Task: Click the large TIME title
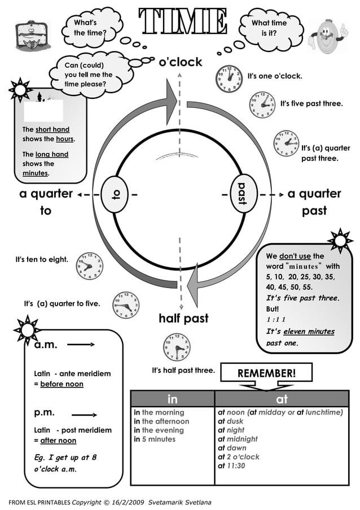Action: coord(184,21)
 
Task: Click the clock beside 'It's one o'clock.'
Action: coord(229,79)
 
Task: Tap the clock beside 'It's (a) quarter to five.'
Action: coord(126,305)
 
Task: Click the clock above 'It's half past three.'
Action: coord(177,347)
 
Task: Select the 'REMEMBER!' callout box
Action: coord(266,373)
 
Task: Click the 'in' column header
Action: coord(173,399)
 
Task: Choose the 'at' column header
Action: coord(282,399)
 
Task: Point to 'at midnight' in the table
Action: coord(238,439)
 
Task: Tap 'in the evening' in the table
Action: coord(155,430)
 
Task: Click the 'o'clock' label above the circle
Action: coord(180,62)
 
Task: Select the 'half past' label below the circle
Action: coord(183,318)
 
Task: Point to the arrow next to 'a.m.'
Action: coord(83,344)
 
